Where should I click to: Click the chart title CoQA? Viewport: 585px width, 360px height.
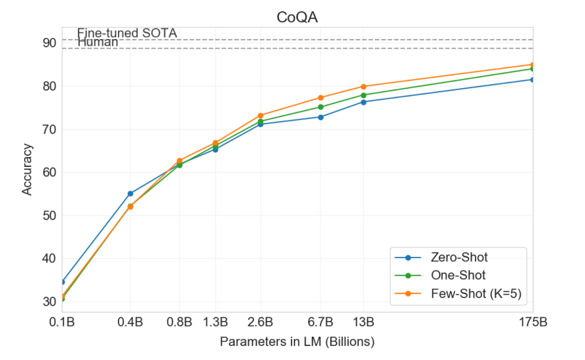click(x=298, y=18)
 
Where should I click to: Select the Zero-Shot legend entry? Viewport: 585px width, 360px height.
click(x=459, y=257)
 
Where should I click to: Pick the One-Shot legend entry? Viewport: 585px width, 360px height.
click(x=458, y=275)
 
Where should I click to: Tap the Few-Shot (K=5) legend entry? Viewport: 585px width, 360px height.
click(x=476, y=294)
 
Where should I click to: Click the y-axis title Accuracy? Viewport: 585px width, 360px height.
click(x=27, y=169)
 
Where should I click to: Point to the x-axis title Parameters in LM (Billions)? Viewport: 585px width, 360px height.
click(x=297, y=342)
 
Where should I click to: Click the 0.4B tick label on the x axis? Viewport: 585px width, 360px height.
click(x=130, y=323)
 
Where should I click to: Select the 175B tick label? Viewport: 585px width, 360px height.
click(x=532, y=323)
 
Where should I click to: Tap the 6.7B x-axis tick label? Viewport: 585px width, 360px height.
click(x=320, y=323)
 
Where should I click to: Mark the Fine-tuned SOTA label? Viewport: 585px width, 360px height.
click(x=127, y=33)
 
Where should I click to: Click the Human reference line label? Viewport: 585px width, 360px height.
click(x=98, y=42)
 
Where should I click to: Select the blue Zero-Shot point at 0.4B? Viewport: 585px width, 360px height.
click(x=130, y=194)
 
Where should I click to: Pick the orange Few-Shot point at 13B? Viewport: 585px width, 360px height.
click(x=364, y=86)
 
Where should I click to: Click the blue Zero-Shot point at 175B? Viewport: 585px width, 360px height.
click(x=532, y=79)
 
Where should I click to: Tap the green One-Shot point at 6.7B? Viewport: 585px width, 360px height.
click(x=320, y=107)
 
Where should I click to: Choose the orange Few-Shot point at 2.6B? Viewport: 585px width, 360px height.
click(x=261, y=116)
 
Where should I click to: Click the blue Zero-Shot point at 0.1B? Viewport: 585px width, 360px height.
click(x=62, y=281)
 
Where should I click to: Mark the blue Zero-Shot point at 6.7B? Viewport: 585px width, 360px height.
click(x=320, y=117)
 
